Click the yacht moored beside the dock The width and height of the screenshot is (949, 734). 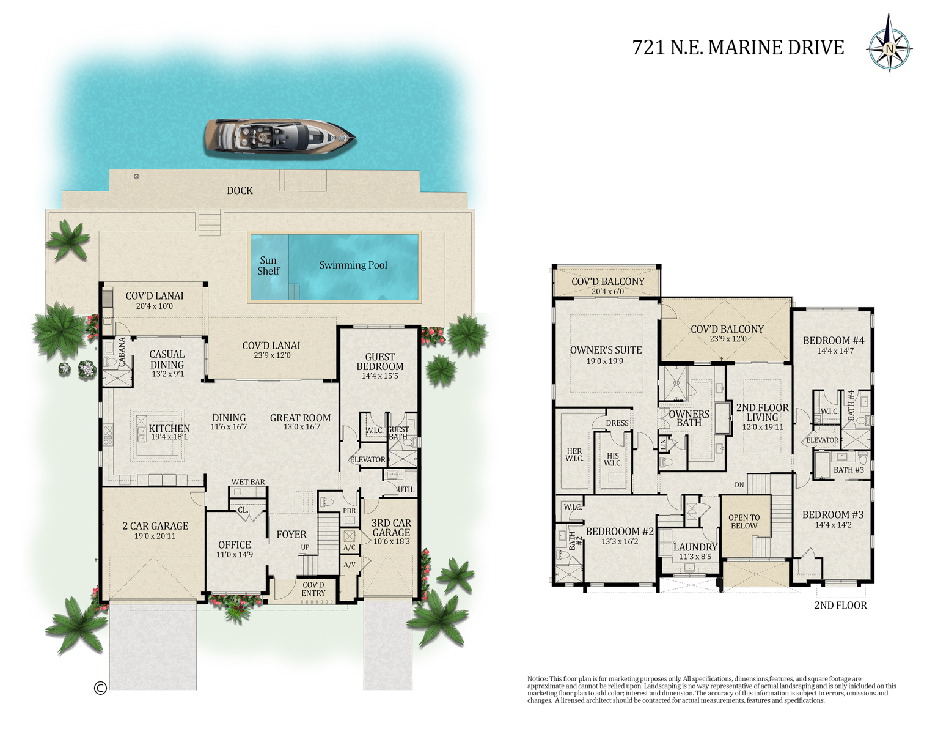pyautogui.click(x=279, y=135)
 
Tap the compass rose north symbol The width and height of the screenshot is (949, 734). pyautogui.click(x=889, y=48)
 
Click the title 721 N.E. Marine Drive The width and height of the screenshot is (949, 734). pyautogui.click(x=738, y=48)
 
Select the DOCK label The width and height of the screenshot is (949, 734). pyautogui.click(x=240, y=191)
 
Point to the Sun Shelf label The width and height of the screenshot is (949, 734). pyautogui.click(x=268, y=265)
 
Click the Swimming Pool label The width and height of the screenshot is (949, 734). pyautogui.click(x=353, y=265)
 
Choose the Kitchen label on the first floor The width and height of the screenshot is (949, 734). pyautogui.click(x=169, y=429)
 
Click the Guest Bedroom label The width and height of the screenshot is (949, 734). pyautogui.click(x=380, y=361)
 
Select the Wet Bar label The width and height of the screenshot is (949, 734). pyautogui.click(x=248, y=482)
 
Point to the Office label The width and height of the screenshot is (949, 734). pyautogui.click(x=235, y=544)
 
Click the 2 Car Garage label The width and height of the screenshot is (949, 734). pyautogui.click(x=155, y=526)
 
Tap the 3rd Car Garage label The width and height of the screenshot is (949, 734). pyautogui.click(x=391, y=527)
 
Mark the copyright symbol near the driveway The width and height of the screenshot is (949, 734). pyautogui.click(x=100, y=688)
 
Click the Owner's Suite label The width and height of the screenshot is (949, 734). pyautogui.click(x=606, y=350)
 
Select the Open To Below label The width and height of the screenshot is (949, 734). pyautogui.click(x=744, y=522)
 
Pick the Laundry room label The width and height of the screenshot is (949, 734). pyautogui.click(x=695, y=547)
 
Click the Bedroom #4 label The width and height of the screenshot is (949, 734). pyautogui.click(x=834, y=341)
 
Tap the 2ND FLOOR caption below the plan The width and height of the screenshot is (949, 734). pyautogui.click(x=840, y=605)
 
